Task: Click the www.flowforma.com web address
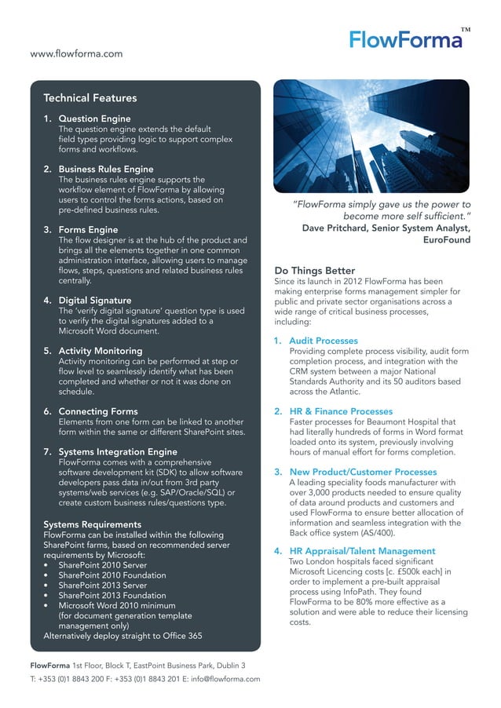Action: [x=76, y=53]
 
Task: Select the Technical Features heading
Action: [x=90, y=98]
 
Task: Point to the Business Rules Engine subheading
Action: [x=106, y=169]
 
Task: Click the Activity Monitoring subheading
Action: [x=101, y=350]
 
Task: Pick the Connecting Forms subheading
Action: [x=98, y=411]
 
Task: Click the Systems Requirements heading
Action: [x=93, y=524]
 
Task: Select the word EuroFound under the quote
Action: [x=447, y=239]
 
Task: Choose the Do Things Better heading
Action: [x=314, y=271]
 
